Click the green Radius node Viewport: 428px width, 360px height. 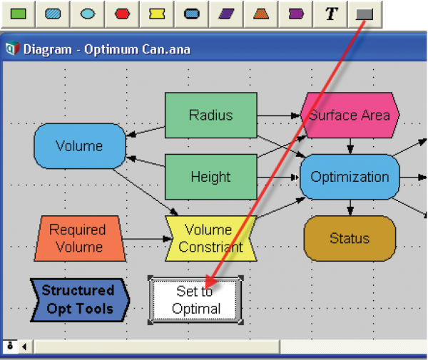211,115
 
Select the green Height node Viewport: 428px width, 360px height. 211,177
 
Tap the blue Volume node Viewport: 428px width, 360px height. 80,146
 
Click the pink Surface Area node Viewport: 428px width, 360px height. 350,115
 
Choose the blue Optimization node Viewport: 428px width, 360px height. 350,177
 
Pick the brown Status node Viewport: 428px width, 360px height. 350,238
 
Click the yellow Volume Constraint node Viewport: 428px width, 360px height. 211,239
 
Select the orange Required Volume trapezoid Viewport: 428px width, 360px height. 80,239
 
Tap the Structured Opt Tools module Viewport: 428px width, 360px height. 80,300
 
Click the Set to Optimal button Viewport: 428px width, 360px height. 195,300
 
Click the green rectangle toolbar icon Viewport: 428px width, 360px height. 19,14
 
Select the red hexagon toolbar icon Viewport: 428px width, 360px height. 122,14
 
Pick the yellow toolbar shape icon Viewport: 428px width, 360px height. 157,14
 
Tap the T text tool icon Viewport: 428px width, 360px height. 331,14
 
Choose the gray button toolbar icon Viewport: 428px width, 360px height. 365,14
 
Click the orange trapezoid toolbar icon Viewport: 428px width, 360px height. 261,14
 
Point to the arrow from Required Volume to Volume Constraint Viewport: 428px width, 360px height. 148,240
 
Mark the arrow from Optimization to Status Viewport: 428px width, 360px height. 350,207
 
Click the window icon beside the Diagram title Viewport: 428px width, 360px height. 13,48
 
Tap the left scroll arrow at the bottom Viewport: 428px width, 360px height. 24,346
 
